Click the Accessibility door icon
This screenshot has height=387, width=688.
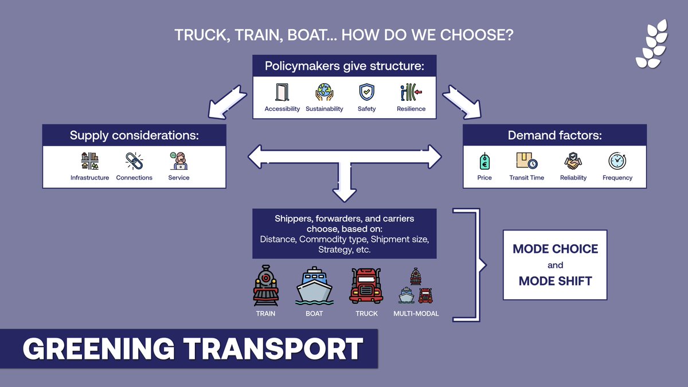tap(282, 92)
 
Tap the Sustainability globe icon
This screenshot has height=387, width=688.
tap(325, 92)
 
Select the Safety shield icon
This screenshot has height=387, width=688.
tap(366, 92)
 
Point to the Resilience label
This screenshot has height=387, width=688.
tap(411, 109)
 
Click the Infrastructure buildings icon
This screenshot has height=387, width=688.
tap(89, 161)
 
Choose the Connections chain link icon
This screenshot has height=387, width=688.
tap(134, 161)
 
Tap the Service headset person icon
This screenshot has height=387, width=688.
tap(178, 161)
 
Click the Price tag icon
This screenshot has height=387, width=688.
tap(484, 161)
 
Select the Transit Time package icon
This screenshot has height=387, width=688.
tap(526, 161)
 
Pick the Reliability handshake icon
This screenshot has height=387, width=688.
tap(573, 161)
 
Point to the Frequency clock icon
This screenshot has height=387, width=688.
tap(617, 161)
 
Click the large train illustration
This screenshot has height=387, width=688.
tap(265, 285)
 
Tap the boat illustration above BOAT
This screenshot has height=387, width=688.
tap(314, 286)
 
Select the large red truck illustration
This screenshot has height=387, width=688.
tap(366, 286)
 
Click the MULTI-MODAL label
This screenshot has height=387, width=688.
tap(416, 314)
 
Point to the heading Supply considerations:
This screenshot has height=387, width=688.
tap(134, 136)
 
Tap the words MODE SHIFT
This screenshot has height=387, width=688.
tap(555, 281)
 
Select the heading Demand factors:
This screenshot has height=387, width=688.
tap(554, 136)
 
